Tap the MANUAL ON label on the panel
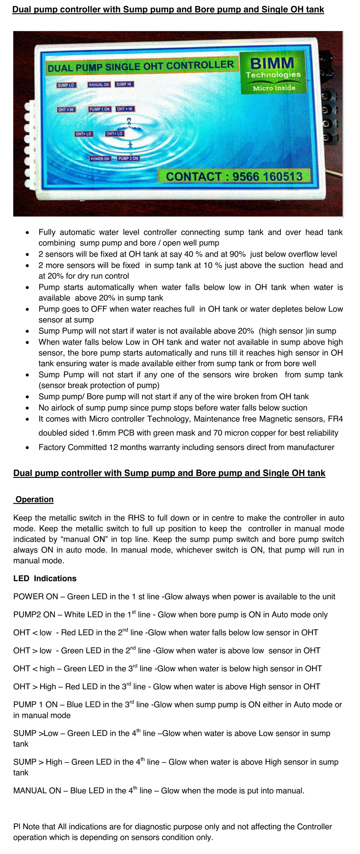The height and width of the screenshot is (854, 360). (99, 85)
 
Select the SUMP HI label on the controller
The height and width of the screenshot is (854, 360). (124, 84)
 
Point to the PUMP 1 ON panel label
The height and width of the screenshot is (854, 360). (100, 109)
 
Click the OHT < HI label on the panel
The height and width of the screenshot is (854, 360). (66, 110)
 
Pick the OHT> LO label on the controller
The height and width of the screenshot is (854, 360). (83, 134)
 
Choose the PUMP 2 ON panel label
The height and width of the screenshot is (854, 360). (128, 158)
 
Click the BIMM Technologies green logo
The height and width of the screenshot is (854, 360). (273, 73)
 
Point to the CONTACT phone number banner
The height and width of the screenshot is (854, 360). (234, 176)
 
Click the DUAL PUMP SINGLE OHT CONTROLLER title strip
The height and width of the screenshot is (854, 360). (141, 66)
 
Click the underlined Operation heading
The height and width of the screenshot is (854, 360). (34, 500)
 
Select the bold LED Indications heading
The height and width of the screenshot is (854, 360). (45, 578)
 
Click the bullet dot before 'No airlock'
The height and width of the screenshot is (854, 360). (27, 408)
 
